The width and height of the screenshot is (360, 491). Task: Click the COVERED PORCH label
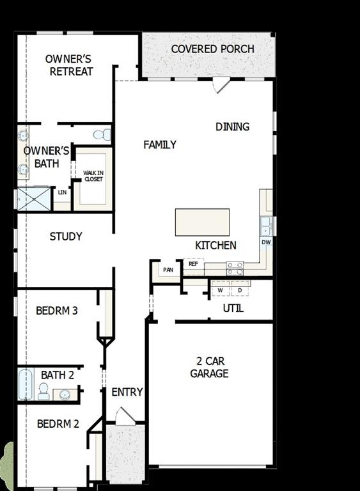pyautogui.click(x=212, y=49)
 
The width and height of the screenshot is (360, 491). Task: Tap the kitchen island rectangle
pyautogui.click(x=202, y=222)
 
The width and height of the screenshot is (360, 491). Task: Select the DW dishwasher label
pyautogui.click(x=266, y=243)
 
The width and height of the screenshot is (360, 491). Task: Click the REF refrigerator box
pyautogui.click(x=193, y=263)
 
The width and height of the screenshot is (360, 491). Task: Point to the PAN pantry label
pyautogui.click(x=168, y=270)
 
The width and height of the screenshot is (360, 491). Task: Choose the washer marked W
pyautogui.click(x=220, y=290)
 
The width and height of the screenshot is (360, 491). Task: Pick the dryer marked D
pyautogui.click(x=239, y=290)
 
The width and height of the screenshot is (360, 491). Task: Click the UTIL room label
pyautogui.click(x=233, y=309)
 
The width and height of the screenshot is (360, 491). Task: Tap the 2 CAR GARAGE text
pyautogui.click(x=209, y=368)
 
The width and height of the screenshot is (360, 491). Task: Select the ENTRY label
pyautogui.click(x=127, y=392)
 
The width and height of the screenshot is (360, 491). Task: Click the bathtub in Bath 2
pyautogui.click(x=26, y=384)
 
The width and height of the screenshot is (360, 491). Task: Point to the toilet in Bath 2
pyautogui.click(x=43, y=391)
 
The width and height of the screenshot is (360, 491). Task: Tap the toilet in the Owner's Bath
pyautogui.click(x=102, y=134)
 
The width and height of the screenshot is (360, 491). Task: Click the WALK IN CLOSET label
pyautogui.click(x=93, y=176)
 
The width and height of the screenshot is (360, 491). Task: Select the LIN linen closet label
pyautogui.click(x=62, y=192)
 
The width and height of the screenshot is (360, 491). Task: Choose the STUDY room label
pyautogui.click(x=66, y=237)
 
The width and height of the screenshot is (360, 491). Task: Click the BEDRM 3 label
pyautogui.click(x=57, y=311)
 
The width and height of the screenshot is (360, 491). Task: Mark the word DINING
pyautogui.click(x=232, y=127)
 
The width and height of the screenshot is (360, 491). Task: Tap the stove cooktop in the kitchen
pyautogui.click(x=235, y=268)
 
